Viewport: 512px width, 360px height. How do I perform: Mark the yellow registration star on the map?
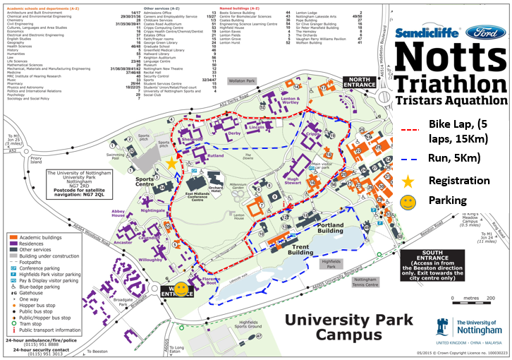tap(172, 163)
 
